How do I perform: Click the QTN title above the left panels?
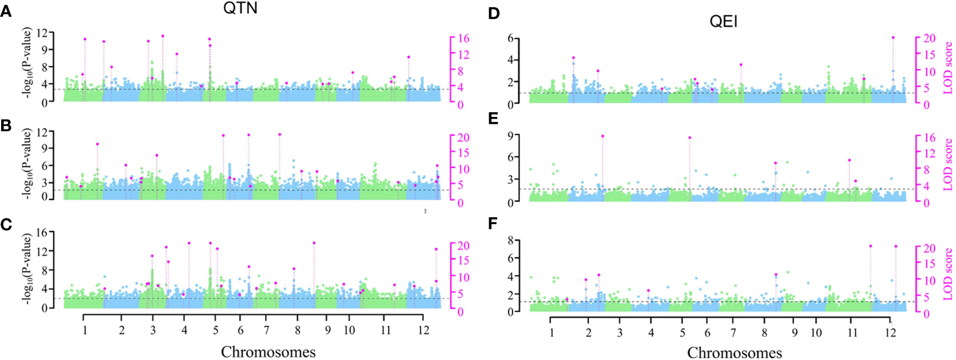click(x=240, y=8)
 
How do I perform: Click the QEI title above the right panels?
click(x=723, y=22)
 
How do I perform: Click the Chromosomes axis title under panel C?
click(x=268, y=351)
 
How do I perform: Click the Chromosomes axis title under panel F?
click(x=734, y=353)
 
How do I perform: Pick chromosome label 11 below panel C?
click(x=385, y=331)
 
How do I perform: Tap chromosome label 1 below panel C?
click(x=85, y=331)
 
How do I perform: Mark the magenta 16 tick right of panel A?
click(x=463, y=38)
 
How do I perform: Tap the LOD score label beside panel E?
click(x=947, y=165)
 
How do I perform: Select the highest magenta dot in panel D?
click(x=893, y=38)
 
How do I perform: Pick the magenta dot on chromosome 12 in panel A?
click(x=409, y=57)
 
